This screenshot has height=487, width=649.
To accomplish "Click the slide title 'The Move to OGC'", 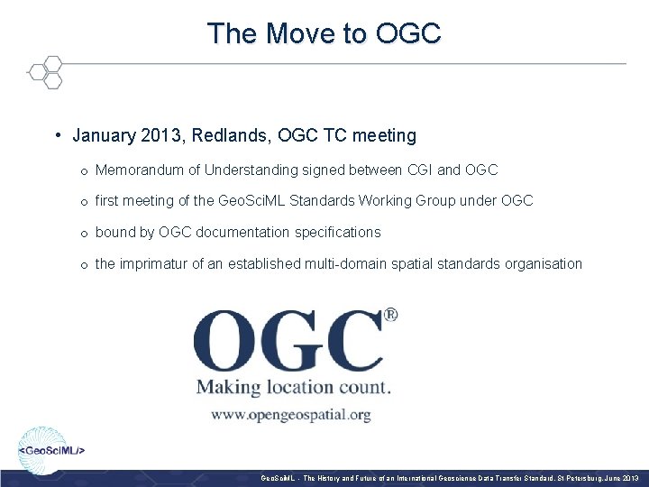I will (x=324, y=34).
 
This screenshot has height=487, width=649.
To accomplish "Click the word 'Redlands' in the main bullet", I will (x=224, y=136).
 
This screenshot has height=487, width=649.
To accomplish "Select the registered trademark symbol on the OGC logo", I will (x=391, y=316).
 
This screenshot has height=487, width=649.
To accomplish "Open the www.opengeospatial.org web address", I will (x=291, y=415).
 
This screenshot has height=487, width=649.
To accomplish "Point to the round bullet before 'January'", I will (x=57, y=136).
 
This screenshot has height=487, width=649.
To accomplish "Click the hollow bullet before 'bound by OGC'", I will (x=82, y=233).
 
